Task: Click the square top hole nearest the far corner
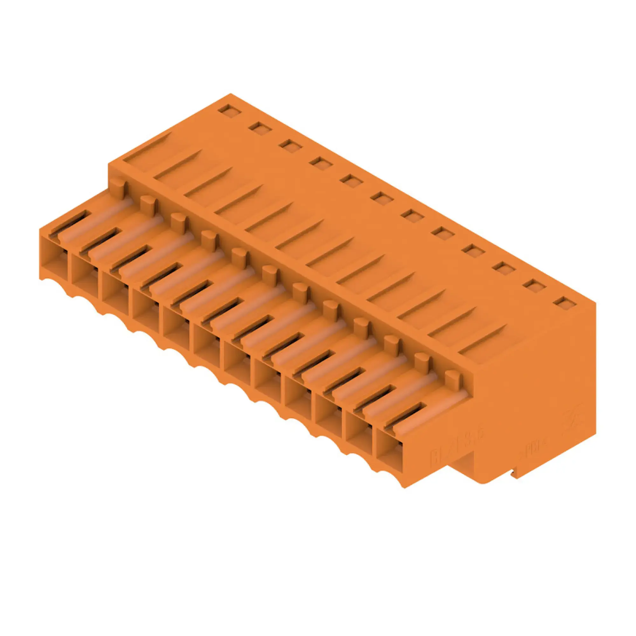pyautogui.click(x=230, y=111)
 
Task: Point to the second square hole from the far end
pyautogui.click(x=260, y=128)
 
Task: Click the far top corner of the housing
pyautogui.click(x=231, y=94)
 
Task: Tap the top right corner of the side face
pyautogui.click(x=596, y=303)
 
